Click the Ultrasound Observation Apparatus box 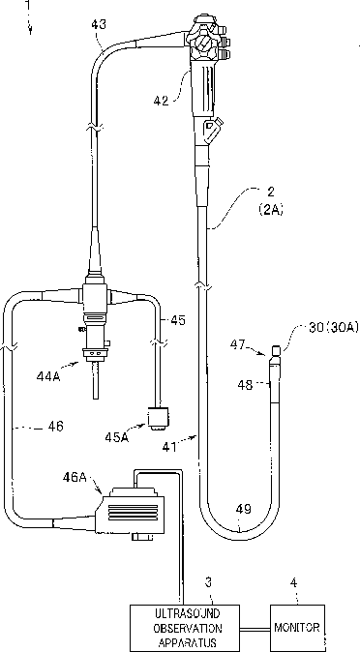tap(185, 628)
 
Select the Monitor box tap(297, 628)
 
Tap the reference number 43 tap(99, 24)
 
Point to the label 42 tap(161, 101)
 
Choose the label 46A tap(75, 477)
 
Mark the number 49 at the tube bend tap(244, 509)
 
